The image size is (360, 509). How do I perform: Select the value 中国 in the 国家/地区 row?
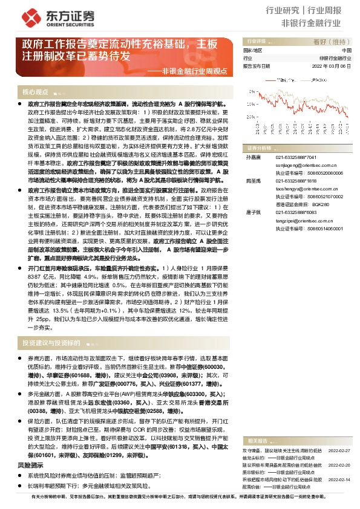point(346,51)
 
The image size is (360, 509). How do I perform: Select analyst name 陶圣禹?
point(252,181)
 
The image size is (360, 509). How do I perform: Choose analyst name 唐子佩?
point(252,213)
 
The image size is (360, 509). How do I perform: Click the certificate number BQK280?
point(320,204)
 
